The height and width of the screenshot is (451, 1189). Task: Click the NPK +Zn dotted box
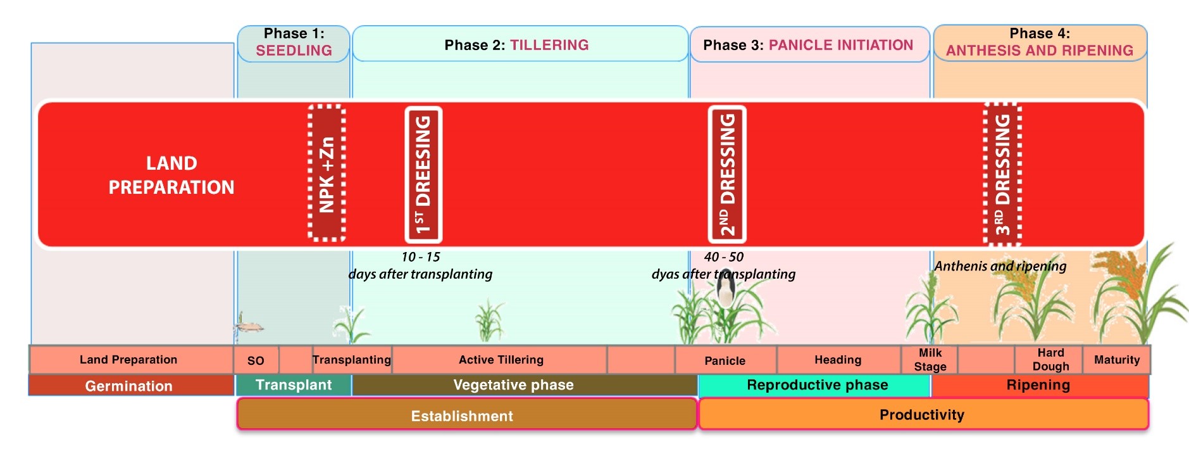(327, 174)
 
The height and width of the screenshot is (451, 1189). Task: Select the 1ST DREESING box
(423, 174)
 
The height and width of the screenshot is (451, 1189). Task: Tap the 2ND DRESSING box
(727, 174)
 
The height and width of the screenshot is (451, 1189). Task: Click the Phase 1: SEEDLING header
(294, 42)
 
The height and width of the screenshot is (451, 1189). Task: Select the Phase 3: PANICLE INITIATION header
(809, 45)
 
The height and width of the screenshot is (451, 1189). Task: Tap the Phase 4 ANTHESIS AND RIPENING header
(1040, 42)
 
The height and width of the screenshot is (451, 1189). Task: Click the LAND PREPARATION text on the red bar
(171, 175)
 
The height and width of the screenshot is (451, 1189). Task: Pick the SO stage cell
(256, 360)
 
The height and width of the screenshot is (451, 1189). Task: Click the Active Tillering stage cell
(501, 360)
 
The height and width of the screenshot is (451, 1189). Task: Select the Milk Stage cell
(930, 360)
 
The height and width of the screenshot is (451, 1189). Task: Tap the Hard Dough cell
(1050, 360)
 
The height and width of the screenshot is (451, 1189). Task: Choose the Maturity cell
(1117, 360)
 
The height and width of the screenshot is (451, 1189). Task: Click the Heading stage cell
(838, 360)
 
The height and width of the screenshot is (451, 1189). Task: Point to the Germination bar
(129, 386)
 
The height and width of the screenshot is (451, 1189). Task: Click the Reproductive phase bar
(817, 385)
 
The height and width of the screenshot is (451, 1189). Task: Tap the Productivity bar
(922, 415)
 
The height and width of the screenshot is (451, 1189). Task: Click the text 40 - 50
(723, 257)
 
